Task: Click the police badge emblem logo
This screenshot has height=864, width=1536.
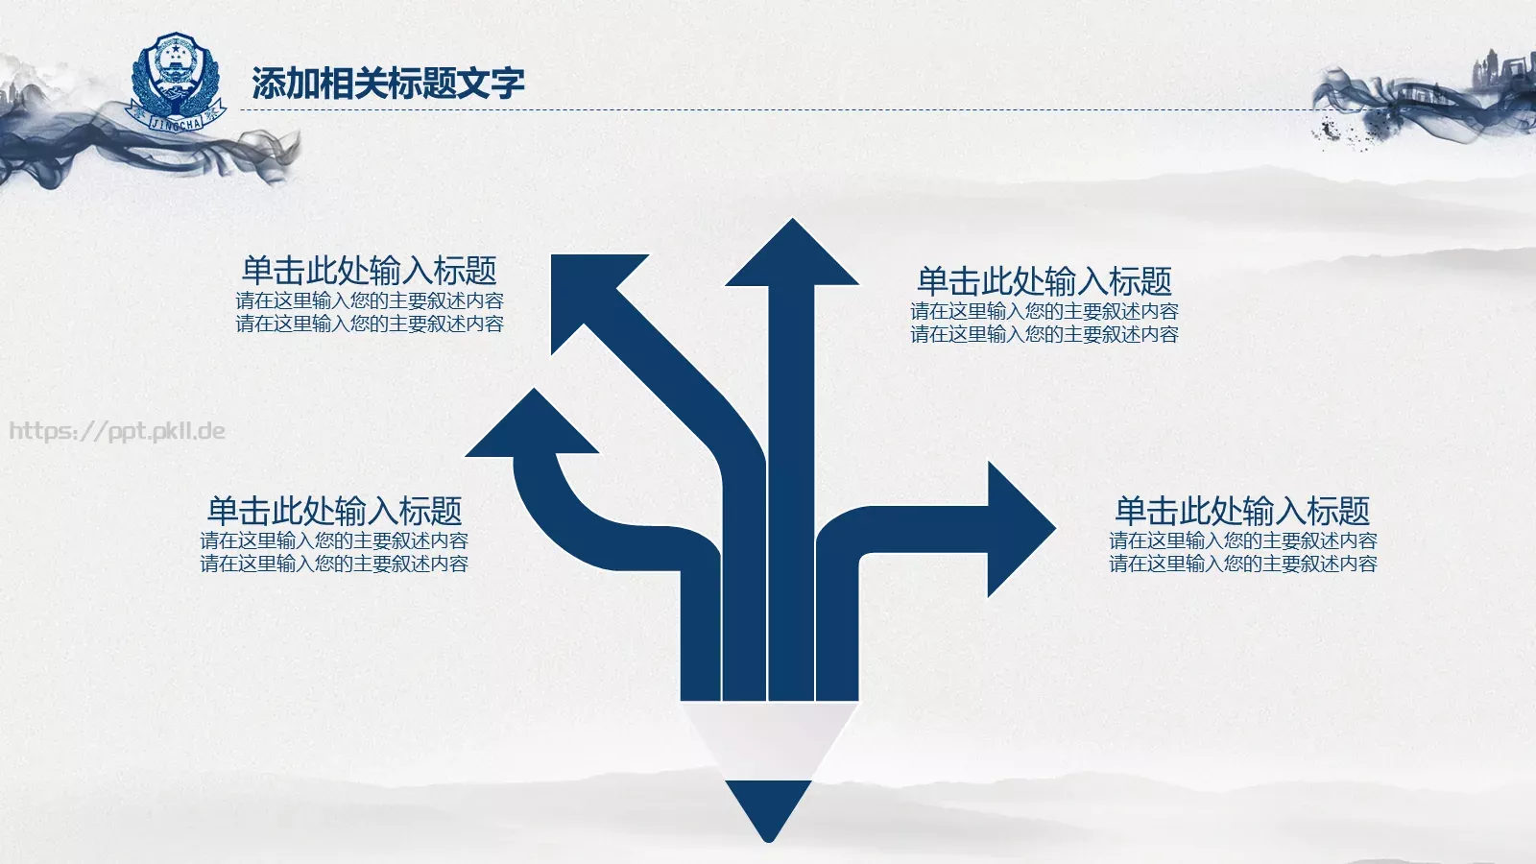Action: click(x=177, y=82)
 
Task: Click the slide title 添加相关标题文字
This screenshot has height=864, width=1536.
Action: click(x=388, y=83)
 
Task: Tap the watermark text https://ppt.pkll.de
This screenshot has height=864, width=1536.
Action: click(x=117, y=431)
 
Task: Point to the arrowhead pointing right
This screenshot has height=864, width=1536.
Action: click(x=1021, y=529)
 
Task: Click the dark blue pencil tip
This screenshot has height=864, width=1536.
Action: click(x=769, y=809)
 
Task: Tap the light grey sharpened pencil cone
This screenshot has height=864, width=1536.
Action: click(x=769, y=740)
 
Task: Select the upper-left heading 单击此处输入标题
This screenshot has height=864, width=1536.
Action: click(x=369, y=271)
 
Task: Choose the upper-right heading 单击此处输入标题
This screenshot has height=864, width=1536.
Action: click(x=1044, y=281)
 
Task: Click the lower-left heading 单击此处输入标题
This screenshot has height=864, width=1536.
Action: click(x=335, y=511)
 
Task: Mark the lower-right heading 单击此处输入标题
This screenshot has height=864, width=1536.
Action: click(x=1242, y=511)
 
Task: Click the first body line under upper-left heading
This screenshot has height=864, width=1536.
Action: click(x=370, y=301)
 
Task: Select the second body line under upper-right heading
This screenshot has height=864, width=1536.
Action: click(x=1044, y=335)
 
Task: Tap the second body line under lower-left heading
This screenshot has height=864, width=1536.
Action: click(x=335, y=564)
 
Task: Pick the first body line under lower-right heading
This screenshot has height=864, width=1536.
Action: click(x=1243, y=540)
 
